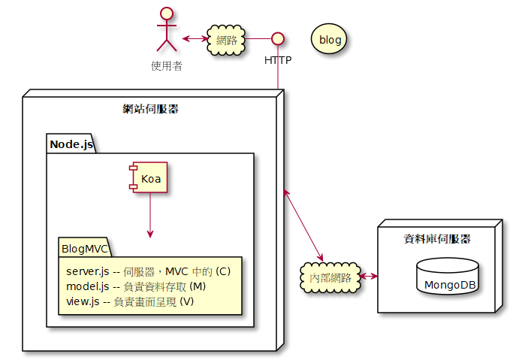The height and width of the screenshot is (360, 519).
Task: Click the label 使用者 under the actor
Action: [x=167, y=65]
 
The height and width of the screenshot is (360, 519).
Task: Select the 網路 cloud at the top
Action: [x=227, y=39]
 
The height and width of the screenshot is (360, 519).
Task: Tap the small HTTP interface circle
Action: [x=278, y=38]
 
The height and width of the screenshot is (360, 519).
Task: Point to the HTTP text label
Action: [x=278, y=59]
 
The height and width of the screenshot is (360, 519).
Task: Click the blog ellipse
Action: [x=329, y=38]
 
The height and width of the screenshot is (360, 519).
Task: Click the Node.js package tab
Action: [x=71, y=144]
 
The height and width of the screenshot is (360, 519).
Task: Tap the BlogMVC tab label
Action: [x=86, y=248]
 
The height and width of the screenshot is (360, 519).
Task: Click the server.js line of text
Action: [x=148, y=271]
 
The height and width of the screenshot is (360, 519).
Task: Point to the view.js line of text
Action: [x=130, y=301]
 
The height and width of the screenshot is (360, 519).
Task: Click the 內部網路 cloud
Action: [x=330, y=277]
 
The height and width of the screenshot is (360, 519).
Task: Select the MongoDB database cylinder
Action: [x=447, y=277]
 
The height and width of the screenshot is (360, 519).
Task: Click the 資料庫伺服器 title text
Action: [x=437, y=239]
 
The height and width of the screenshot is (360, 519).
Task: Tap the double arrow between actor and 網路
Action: [x=195, y=38]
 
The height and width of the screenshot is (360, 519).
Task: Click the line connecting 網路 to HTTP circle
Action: [x=258, y=38]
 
